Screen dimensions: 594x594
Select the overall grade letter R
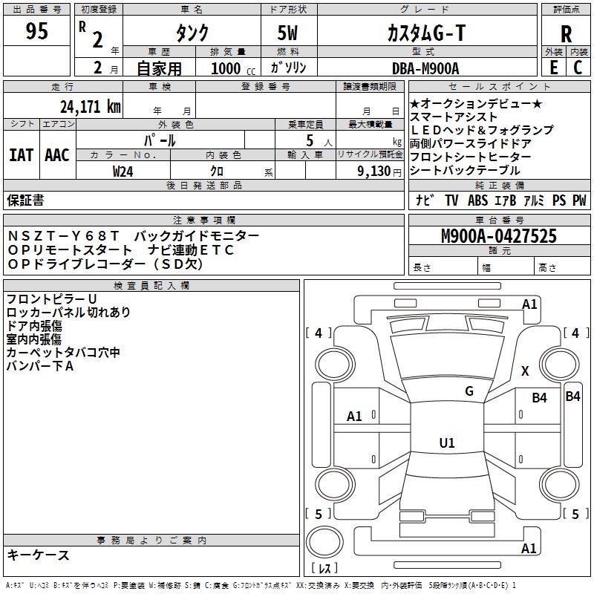566,33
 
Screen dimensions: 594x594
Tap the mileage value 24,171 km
90,106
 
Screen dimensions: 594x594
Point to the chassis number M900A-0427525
499,236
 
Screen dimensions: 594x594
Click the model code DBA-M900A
425,68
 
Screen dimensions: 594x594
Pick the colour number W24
123,171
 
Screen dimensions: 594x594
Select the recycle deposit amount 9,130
368,171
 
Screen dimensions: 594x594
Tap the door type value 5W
289,33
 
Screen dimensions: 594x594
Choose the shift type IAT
22,154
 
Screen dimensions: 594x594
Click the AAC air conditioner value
56,154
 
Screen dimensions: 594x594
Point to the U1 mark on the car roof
446,443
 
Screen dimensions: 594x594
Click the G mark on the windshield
469,391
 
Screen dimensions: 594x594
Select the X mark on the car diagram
525,371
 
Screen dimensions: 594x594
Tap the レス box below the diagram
324,569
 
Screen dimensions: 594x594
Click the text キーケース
38,555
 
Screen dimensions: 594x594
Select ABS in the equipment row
478,200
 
